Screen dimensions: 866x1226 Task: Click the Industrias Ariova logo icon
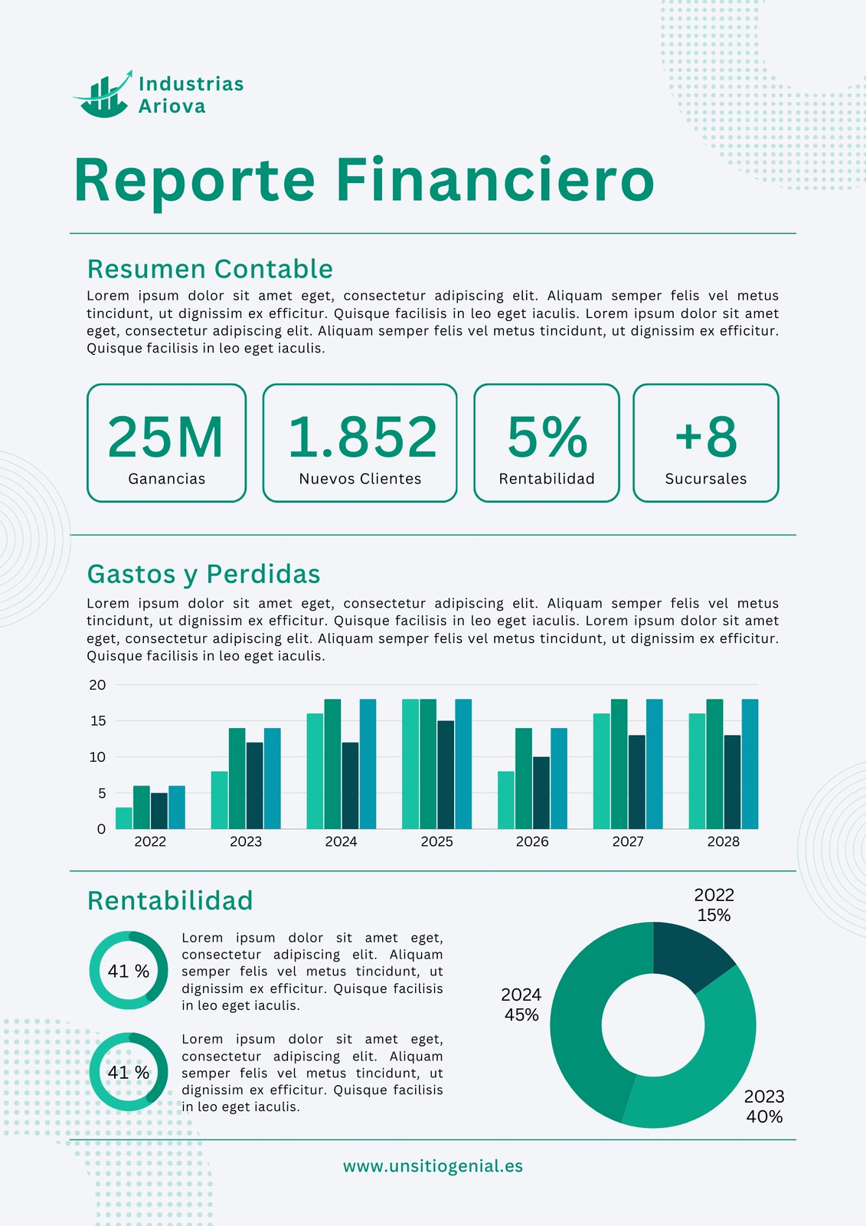point(103,94)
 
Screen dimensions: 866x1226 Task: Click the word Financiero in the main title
point(495,180)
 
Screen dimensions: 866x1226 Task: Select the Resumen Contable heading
point(210,269)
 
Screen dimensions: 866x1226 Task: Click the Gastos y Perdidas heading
point(204,574)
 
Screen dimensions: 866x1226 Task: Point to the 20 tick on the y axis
point(97,685)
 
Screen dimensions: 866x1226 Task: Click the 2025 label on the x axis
point(436,841)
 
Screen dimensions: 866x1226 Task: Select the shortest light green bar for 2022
point(123,818)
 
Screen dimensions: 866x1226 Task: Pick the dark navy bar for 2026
point(541,792)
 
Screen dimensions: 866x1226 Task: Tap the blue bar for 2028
point(750,764)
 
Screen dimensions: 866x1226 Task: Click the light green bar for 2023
point(219,800)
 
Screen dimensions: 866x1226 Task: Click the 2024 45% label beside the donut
point(521,1005)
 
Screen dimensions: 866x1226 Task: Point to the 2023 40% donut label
point(764,1106)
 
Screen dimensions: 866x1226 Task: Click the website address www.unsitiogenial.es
point(433,1165)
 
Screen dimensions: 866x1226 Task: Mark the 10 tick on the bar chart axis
point(97,757)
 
